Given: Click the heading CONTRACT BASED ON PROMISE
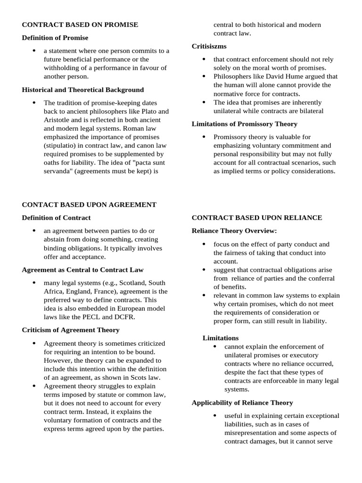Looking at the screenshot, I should [x=80, y=25].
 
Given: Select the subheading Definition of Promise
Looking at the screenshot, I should [x=55, y=38].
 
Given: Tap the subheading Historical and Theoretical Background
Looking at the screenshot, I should [x=83, y=90].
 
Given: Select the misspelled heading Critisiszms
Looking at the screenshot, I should [x=209, y=46].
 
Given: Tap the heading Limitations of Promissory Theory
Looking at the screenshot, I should [x=244, y=124].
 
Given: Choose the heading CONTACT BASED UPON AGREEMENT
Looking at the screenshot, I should [x=89, y=205].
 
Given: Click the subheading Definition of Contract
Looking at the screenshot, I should [x=56, y=218].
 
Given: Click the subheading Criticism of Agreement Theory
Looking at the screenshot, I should [x=71, y=330].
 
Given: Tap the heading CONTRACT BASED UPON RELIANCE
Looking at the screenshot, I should [x=257, y=218].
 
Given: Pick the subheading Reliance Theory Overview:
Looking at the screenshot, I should [x=234, y=231].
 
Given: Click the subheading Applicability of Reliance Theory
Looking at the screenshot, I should [x=242, y=403].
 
